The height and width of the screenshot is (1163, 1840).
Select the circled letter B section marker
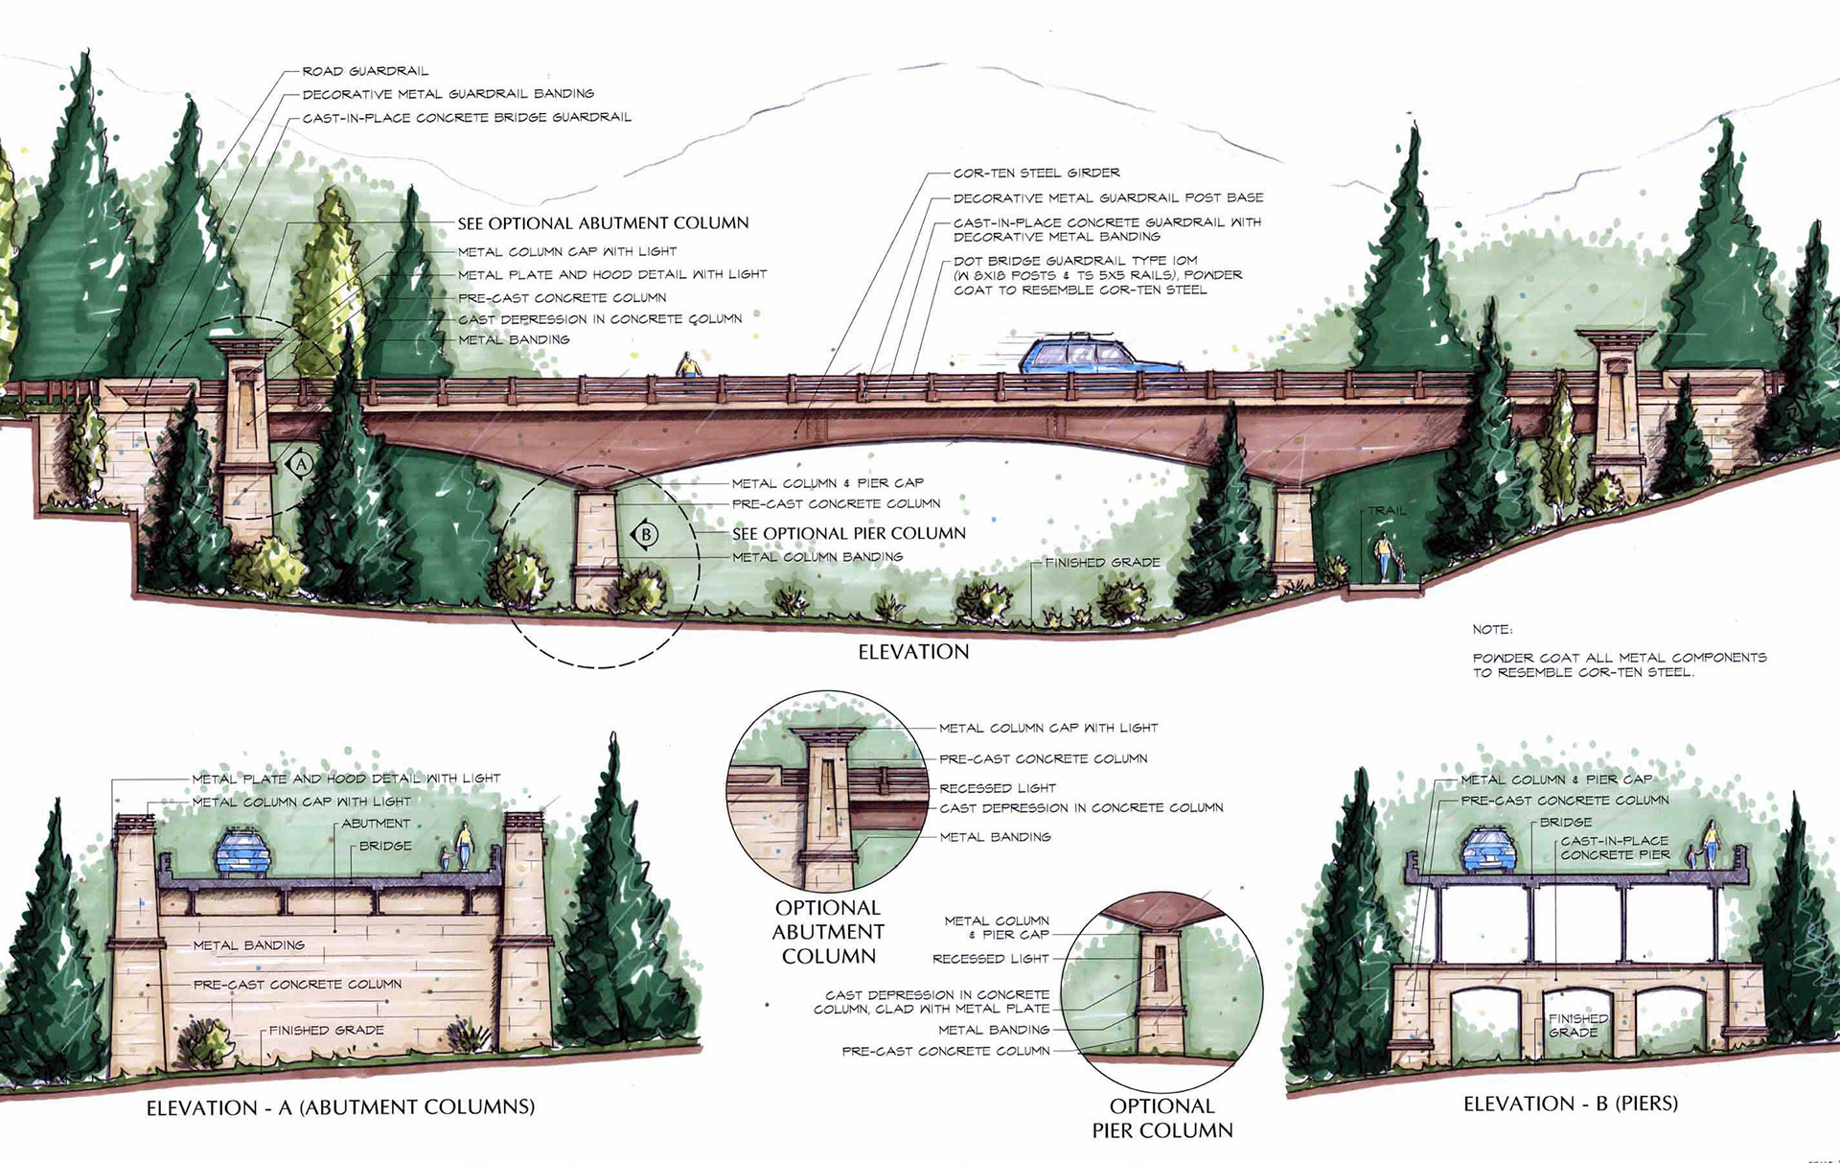click(x=646, y=534)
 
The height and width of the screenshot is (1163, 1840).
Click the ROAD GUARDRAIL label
click(x=365, y=71)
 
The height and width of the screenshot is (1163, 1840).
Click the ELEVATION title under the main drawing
click(x=913, y=652)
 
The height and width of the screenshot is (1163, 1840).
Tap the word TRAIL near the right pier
click(x=1386, y=511)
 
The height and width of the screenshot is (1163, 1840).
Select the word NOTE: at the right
click(x=1492, y=630)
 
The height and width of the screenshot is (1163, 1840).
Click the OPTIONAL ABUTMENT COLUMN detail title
click(x=827, y=932)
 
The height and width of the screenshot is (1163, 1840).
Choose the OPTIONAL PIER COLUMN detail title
click(x=1161, y=1118)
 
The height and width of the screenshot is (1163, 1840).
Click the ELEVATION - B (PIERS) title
click(x=1571, y=1104)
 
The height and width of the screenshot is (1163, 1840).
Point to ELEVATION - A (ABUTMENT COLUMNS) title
click(x=340, y=1107)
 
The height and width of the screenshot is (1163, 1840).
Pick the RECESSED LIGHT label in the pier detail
click(x=990, y=959)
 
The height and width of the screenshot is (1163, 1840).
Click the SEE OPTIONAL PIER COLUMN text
click(x=849, y=534)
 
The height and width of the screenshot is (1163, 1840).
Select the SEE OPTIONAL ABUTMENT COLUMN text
click(x=603, y=223)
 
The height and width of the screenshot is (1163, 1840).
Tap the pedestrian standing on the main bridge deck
click(x=687, y=365)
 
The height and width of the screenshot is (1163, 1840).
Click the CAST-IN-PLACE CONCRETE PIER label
click(x=1615, y=848)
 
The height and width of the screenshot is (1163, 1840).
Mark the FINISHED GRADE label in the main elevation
click(x=1102, y=563)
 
